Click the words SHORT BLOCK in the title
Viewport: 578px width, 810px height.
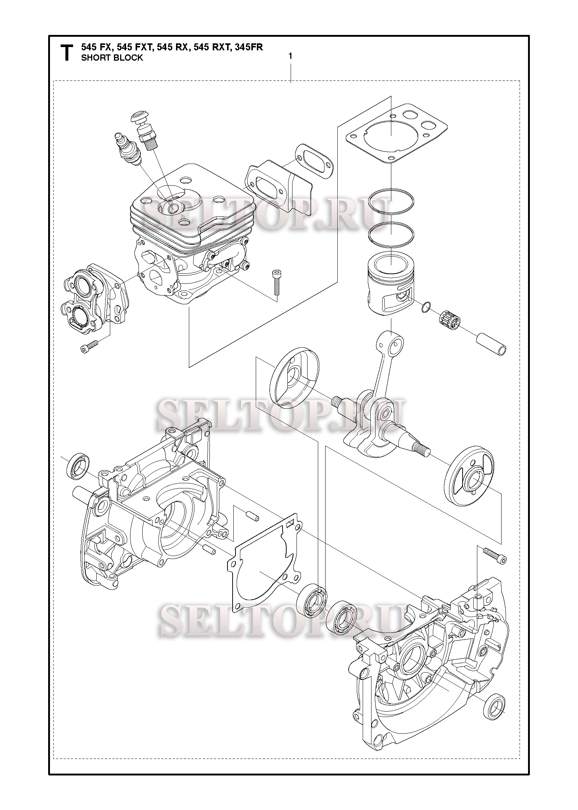(112, 58)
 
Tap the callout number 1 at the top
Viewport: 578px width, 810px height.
(290, 56)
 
